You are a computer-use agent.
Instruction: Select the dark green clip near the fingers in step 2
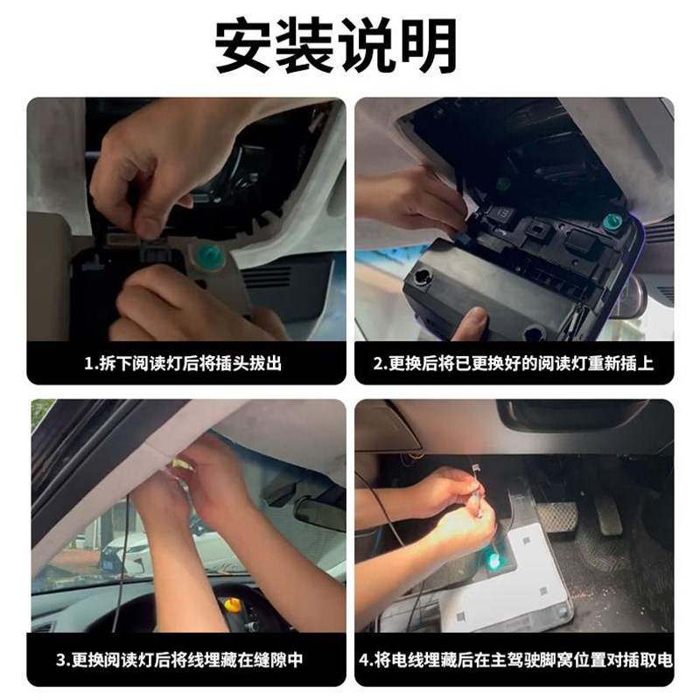tap(503, 185)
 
